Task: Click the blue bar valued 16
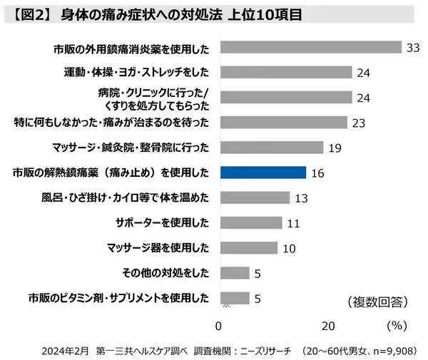[x=263, y=173]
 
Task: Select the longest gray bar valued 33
[x=311, y=47]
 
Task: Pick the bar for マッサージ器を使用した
[x=248, y=247]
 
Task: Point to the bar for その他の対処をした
[x=235, y=273]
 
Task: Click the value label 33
[x=412, y=48]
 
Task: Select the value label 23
[x=358, y=123]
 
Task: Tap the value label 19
[x=337, y=148]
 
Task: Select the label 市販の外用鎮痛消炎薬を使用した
[x=131, y=48]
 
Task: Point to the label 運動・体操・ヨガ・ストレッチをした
[x=137, y=73]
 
